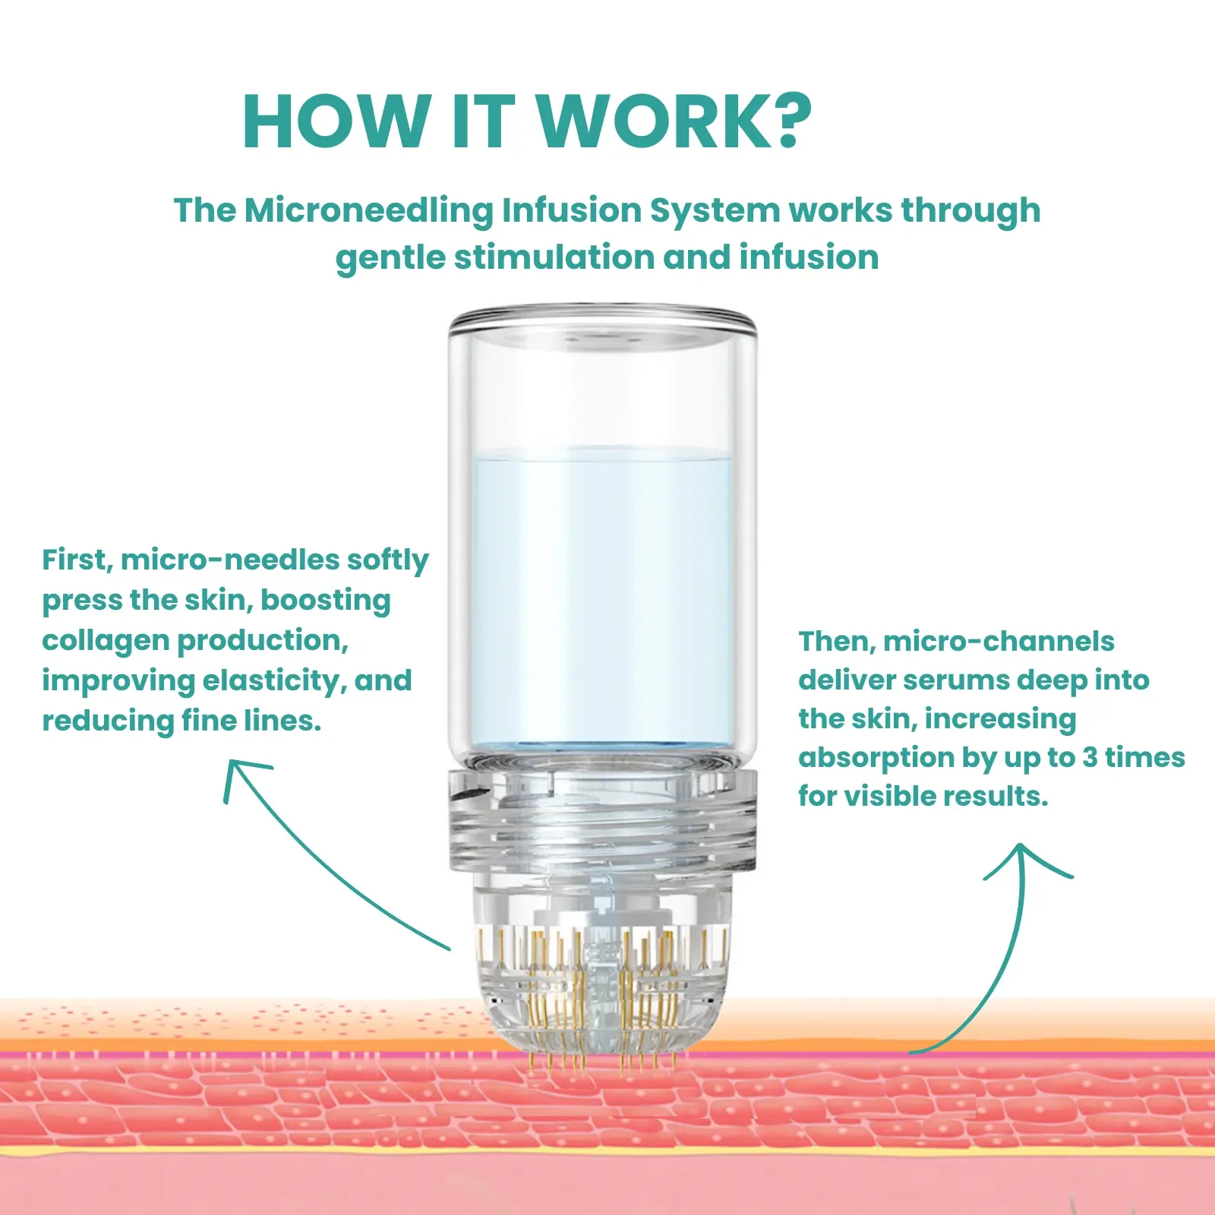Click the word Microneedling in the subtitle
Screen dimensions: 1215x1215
coord(368,212)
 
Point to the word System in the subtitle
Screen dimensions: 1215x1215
coord(715,212)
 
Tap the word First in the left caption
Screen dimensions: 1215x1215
coord(77,560)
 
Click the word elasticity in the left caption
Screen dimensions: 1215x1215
coord(274,680)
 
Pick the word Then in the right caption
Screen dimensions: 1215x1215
coord(837,642)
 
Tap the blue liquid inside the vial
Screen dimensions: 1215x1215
coord(601,596)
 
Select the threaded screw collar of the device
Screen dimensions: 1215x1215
coord(603,820)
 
